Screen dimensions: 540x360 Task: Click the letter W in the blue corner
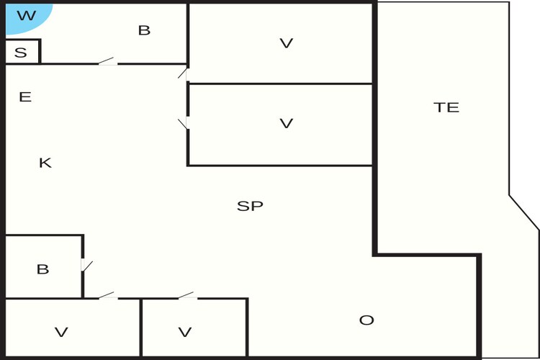27,15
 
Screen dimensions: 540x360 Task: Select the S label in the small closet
21,53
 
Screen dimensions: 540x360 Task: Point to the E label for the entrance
25,96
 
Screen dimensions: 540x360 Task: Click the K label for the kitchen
45,163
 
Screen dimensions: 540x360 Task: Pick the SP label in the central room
250,206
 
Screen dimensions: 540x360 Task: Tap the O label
366,320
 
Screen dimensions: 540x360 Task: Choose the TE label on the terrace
446,107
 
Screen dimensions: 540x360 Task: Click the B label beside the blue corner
144,30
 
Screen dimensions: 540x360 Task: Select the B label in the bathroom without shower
42,269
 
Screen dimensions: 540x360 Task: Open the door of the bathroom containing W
108,62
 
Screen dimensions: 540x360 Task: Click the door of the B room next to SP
86,265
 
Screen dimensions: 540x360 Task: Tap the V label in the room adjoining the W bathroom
286,43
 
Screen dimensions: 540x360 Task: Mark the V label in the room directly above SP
286,123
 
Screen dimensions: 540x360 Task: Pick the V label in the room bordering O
185,332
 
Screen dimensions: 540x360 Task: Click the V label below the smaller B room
61,332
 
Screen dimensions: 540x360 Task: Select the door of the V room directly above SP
183,123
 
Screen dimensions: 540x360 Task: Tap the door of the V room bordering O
188,296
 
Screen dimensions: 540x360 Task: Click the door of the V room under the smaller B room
108,296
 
